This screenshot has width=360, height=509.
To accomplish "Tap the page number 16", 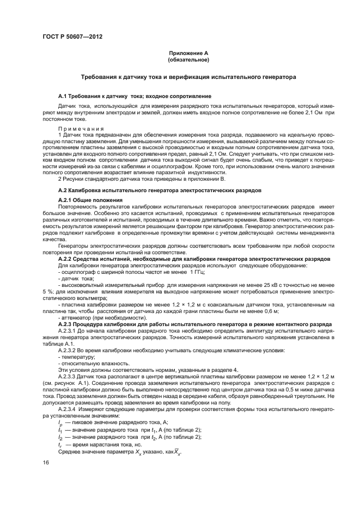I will click(x=46, y=462).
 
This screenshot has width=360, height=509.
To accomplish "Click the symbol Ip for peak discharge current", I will click(x=60, y=422).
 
